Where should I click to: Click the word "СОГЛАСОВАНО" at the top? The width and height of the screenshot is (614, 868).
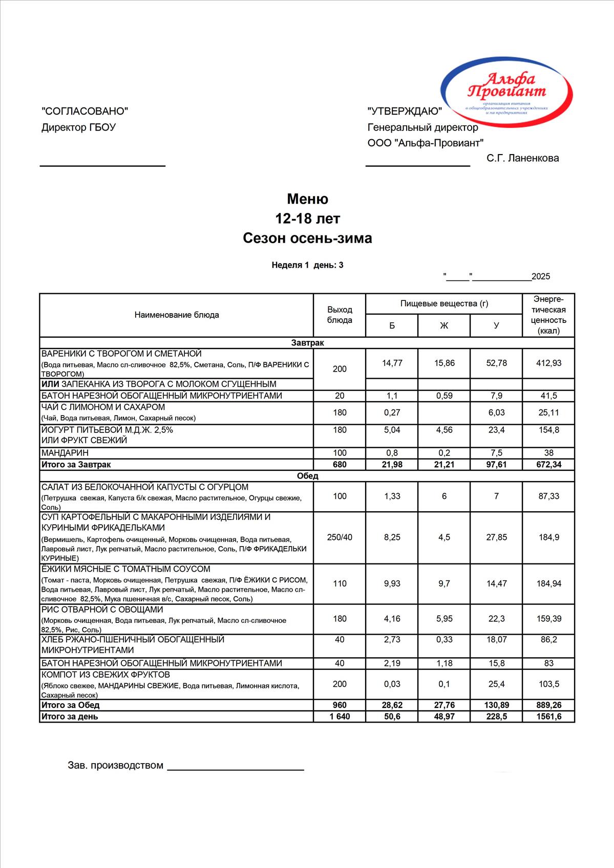pos(84,111)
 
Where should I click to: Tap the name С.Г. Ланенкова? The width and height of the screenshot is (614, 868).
pos(522,158)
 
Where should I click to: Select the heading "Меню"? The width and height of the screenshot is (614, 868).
pos(307,199)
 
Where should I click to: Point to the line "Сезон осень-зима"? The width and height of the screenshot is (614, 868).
pos(307,238)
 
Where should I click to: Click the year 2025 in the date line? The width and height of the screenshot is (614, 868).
pos(541,276)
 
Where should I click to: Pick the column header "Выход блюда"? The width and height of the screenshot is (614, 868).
pos(340,315)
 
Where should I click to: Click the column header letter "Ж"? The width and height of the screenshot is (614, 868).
pos(444,325)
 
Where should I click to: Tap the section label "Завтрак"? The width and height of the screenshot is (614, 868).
pos(307,343)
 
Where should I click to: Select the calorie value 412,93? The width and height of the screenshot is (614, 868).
pos(548,363)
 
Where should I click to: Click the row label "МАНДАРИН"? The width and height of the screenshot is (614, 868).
pos(65,453)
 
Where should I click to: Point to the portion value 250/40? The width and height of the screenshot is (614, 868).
pos(340,537)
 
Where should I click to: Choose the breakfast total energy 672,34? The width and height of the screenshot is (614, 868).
pos(548,465)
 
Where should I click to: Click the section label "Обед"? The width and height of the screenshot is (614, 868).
pos(307,476)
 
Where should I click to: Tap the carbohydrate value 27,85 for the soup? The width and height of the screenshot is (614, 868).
pos(496,537)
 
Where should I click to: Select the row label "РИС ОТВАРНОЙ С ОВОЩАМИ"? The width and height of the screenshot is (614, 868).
pos(102,610)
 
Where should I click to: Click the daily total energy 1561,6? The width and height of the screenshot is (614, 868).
pos(548,717)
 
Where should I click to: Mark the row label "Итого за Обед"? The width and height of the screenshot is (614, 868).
pos(71,705)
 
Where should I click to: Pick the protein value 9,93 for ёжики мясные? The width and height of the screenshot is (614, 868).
pos(392,583)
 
